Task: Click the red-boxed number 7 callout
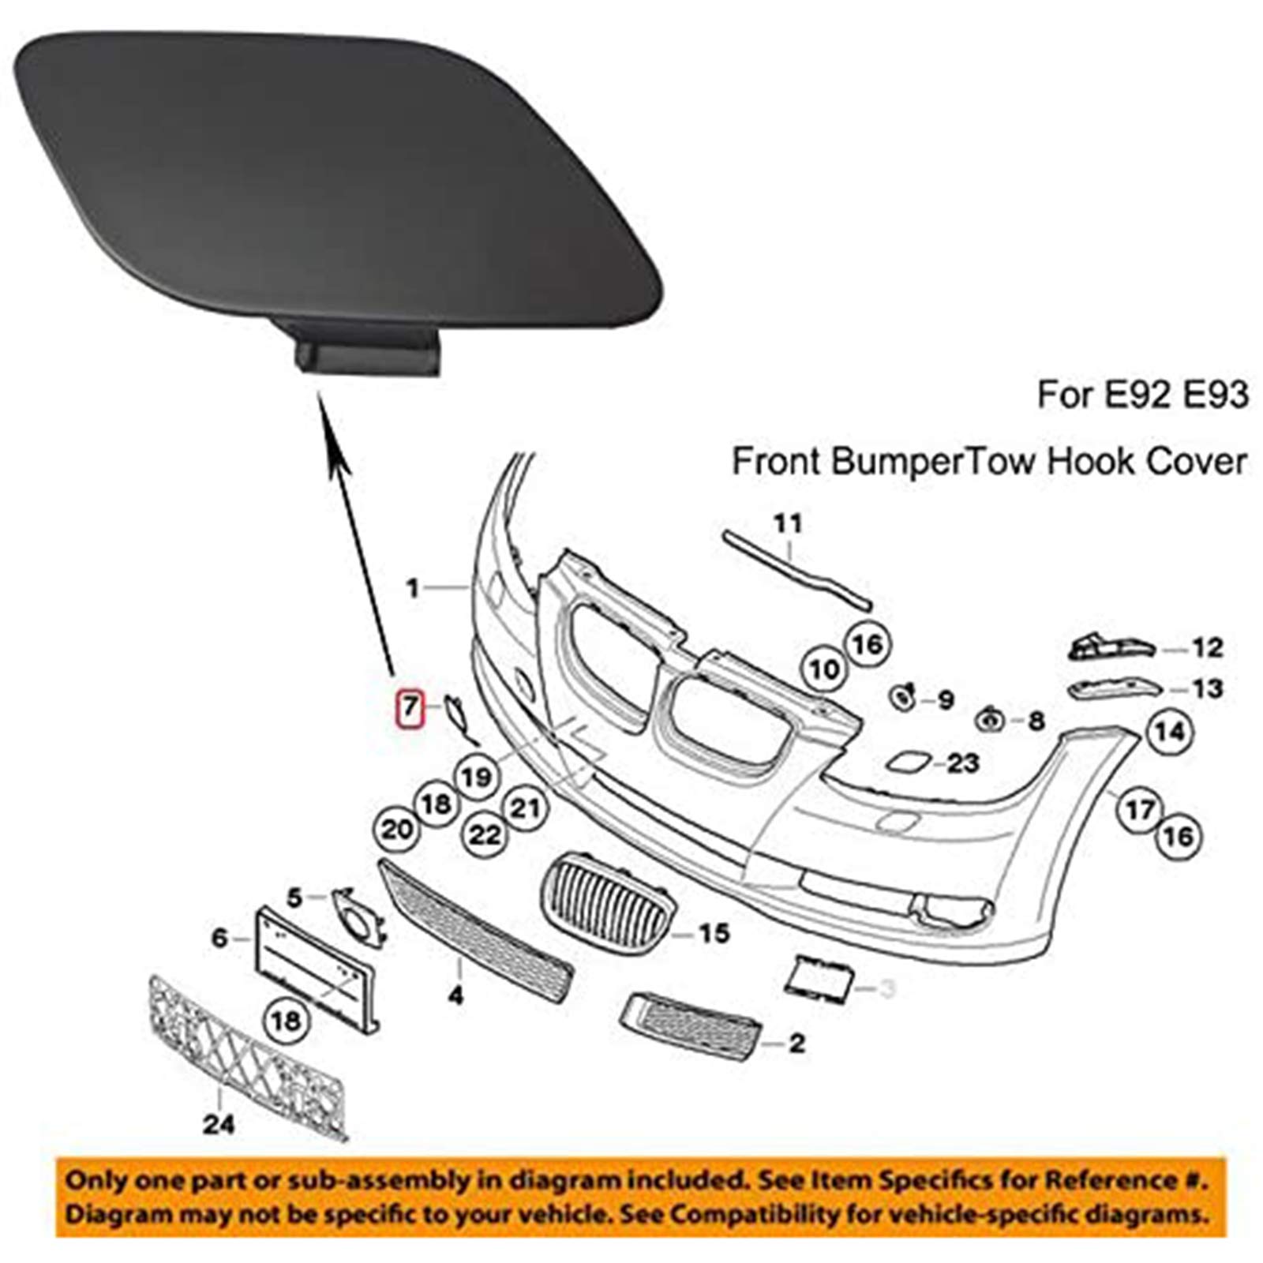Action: (409, 706)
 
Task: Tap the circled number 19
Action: (476, 778)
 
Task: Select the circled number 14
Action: (1170, 733)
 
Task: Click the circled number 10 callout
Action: (824, 670)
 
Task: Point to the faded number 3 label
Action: (887, 988)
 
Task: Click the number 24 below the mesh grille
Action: (219, 1122)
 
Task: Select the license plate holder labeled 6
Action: (316, 971)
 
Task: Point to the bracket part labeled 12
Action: (1109, 647)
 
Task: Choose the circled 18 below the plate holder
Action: (286, 1021)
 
